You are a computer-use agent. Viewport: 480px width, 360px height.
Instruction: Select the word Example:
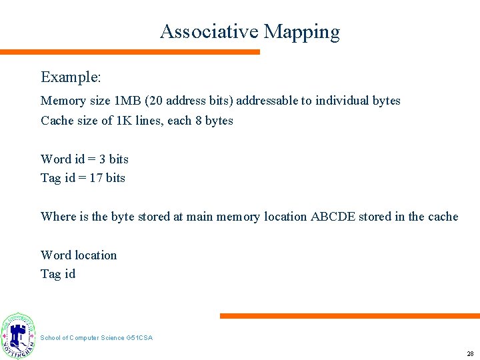tap(71, 77)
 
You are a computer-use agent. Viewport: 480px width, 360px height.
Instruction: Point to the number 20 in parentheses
tap(155, 101)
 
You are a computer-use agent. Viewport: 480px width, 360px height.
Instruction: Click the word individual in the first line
tap(342, 101)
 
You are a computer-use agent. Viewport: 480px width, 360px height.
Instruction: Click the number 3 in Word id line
tap(102, 159)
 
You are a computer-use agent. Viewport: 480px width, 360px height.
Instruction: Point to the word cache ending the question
tap(442, 216)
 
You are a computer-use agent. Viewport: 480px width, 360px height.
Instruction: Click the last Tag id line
tap(58, 273)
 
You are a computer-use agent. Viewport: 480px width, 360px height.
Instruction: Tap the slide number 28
tap(470, 353)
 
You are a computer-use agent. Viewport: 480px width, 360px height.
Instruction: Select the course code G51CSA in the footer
tap(139, 338)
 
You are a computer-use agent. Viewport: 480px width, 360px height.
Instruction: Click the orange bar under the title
tap(130, 51)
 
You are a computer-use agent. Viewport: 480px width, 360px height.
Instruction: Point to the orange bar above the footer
tap(349, 316)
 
